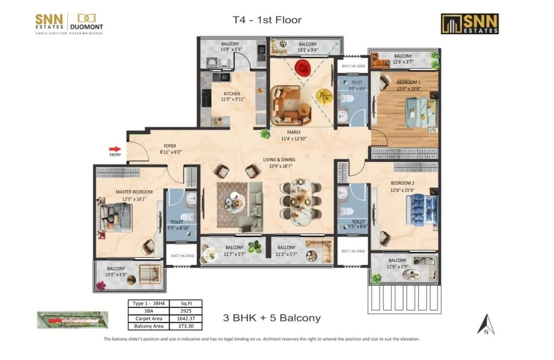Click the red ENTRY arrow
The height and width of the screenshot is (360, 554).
[115, 149]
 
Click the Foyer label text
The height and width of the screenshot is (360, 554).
[170, 146]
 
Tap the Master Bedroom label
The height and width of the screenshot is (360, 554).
[134, 192]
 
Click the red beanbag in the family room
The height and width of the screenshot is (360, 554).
[303, 68]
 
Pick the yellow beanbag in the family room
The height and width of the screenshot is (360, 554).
[324, 96]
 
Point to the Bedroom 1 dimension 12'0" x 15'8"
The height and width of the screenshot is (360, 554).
[409, 89]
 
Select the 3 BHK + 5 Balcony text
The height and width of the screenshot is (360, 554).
[271, 318]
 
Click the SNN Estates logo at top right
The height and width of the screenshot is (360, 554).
[470, 24]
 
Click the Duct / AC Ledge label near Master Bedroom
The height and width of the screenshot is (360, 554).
[182, 256]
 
